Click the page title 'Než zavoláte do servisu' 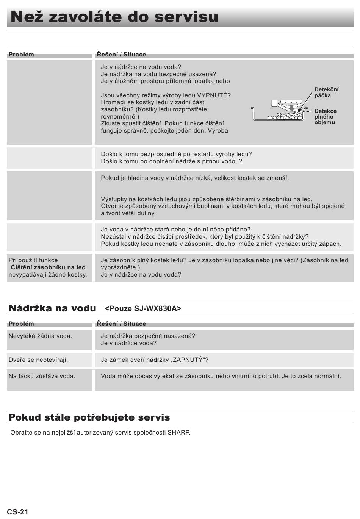tap(114, 17)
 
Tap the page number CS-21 tap(17, 512)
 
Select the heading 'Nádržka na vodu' tap(52, 308)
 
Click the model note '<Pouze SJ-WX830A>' tap(143, 308)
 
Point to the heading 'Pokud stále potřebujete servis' tap(89, 417)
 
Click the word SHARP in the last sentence tap(178, 432)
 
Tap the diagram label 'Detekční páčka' tap(326, 92)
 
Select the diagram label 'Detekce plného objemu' tap(325, 117)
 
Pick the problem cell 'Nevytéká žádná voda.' tap(40, 336)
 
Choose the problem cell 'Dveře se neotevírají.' tap(38, 360)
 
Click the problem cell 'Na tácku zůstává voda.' tap(42, 376)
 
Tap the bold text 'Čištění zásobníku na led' tap(48, 267)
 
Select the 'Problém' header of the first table tap(21, 54)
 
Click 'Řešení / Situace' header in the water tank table tap(121, 324)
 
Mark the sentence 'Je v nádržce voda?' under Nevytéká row tap(128, 343)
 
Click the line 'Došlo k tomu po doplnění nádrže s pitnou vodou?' tap(171, 161)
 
